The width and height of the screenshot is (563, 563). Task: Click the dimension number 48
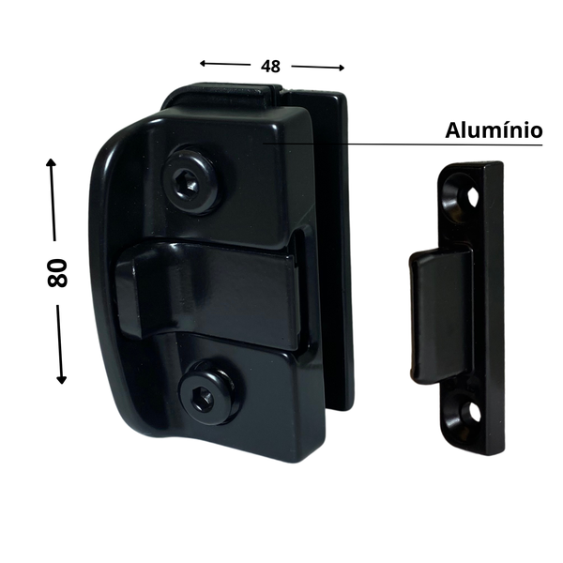pyautogui.click(x=270, y=67)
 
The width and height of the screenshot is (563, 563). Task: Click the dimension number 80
pyautogui.click(x=57, y=272)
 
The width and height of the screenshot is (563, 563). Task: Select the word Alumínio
pyautogui.click(x=494, y=130)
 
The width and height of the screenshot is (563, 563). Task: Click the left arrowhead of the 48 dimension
pyautogui.click(x=203, y=64)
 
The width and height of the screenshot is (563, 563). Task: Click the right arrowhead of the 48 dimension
pyautogui.click(x=342, y=68)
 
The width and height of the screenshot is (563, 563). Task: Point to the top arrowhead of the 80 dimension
pyautogui.click(x=51, y=162)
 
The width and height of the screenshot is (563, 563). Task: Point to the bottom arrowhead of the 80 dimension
pyautogui.click(x=62, y=379)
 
